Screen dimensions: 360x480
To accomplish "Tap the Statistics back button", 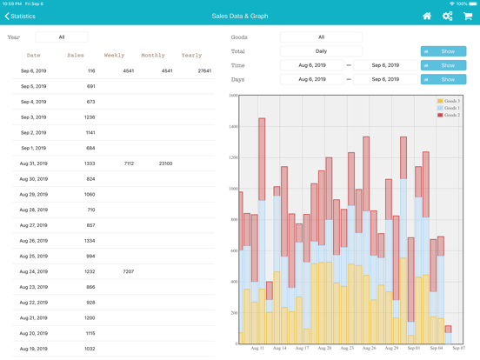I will tap(21, 16).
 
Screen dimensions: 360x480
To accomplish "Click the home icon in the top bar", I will tap(426, 16).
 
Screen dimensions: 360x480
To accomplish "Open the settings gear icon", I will tap(447, 16).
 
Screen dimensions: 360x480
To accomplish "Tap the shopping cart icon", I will tap(468, 16).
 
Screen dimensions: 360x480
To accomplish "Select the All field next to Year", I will tap(61, 37).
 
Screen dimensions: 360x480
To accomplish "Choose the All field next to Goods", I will tap(321, 37).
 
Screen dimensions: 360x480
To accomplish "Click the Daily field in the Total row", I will tap(321, 51).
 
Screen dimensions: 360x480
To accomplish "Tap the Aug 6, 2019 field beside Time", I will tap(311, 65).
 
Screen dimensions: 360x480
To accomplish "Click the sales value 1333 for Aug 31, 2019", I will tap(90, 163).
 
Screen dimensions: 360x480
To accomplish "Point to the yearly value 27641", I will tap(204, 71).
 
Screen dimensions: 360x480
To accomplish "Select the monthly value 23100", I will tap(165, 163).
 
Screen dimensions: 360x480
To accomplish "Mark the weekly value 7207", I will tap(129, 271).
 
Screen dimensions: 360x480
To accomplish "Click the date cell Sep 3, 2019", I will tap(33, 117).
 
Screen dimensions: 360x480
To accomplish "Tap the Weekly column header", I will tap(114, 56).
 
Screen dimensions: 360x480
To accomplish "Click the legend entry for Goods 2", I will tap(450, 115).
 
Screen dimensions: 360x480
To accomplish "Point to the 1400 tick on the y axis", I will tap(233, 127).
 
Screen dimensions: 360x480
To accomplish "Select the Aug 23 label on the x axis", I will tap(347, 348).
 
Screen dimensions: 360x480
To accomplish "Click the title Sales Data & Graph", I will tap(240, 16).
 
